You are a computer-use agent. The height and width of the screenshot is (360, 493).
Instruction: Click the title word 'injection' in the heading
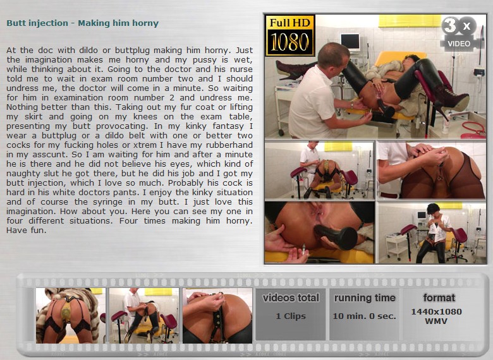[49, 23]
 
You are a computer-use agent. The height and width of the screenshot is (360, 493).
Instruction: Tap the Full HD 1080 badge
[290, 35]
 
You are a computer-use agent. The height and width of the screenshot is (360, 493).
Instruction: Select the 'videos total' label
[291, 298]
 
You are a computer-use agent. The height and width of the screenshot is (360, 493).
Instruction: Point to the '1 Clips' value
[291, 316]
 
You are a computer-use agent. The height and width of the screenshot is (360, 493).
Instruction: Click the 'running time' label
[365, 298]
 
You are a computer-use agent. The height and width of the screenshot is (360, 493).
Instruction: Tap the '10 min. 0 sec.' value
[365, 316]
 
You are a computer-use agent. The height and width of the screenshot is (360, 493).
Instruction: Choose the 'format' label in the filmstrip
[439, 297]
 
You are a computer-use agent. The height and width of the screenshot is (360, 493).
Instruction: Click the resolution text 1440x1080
[436, 311]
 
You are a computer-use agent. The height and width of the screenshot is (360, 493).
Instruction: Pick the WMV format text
[436, 321]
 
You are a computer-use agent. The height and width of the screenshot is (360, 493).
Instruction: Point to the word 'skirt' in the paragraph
[33, 117]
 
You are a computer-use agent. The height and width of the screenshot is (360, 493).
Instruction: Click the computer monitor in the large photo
[350, 42]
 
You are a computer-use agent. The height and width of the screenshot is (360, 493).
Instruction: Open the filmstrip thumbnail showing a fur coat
[70, 315]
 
